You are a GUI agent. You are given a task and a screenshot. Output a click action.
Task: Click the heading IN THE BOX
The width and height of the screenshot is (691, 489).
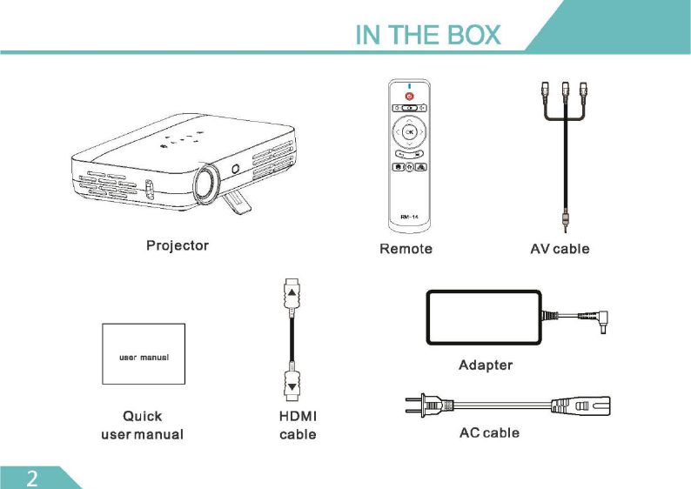[428, 34]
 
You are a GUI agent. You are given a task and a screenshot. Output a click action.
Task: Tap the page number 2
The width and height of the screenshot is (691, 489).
[32, 477]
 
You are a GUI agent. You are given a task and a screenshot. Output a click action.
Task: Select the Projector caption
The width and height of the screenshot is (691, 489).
[178, 245]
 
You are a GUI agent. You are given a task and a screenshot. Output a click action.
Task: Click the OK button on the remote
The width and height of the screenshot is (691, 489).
[409, 132]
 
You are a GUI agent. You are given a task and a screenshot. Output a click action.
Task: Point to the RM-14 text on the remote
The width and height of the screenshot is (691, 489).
[409, 215]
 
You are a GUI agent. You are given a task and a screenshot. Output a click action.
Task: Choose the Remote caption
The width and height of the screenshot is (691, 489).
[406, 249]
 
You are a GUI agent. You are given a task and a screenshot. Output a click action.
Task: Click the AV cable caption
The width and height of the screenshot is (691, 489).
[560, 249]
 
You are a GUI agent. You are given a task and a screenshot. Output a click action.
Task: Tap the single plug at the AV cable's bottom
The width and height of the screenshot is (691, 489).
[566, 221]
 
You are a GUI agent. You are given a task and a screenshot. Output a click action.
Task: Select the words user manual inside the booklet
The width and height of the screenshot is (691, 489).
[144, 357]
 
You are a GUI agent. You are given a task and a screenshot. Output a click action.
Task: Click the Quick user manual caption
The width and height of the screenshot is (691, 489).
[142, 425]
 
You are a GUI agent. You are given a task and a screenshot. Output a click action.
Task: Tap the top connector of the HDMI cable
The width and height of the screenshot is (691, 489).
[292, 295]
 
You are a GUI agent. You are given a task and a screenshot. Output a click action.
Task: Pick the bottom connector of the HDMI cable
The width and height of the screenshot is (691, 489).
[292, 382]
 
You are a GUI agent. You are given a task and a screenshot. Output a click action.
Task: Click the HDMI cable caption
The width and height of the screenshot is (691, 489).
[297, 425]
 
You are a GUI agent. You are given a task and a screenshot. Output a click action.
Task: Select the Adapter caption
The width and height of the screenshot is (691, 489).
[486, 365]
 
